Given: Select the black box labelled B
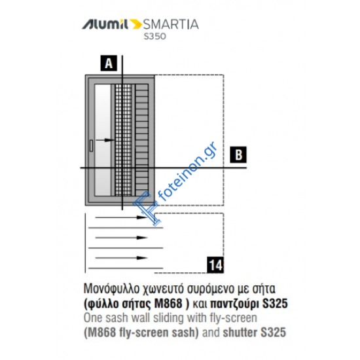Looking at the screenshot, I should click(239, 155).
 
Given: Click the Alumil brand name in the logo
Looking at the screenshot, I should click(105, 26).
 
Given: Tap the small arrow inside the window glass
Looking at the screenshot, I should click(102, 139).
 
